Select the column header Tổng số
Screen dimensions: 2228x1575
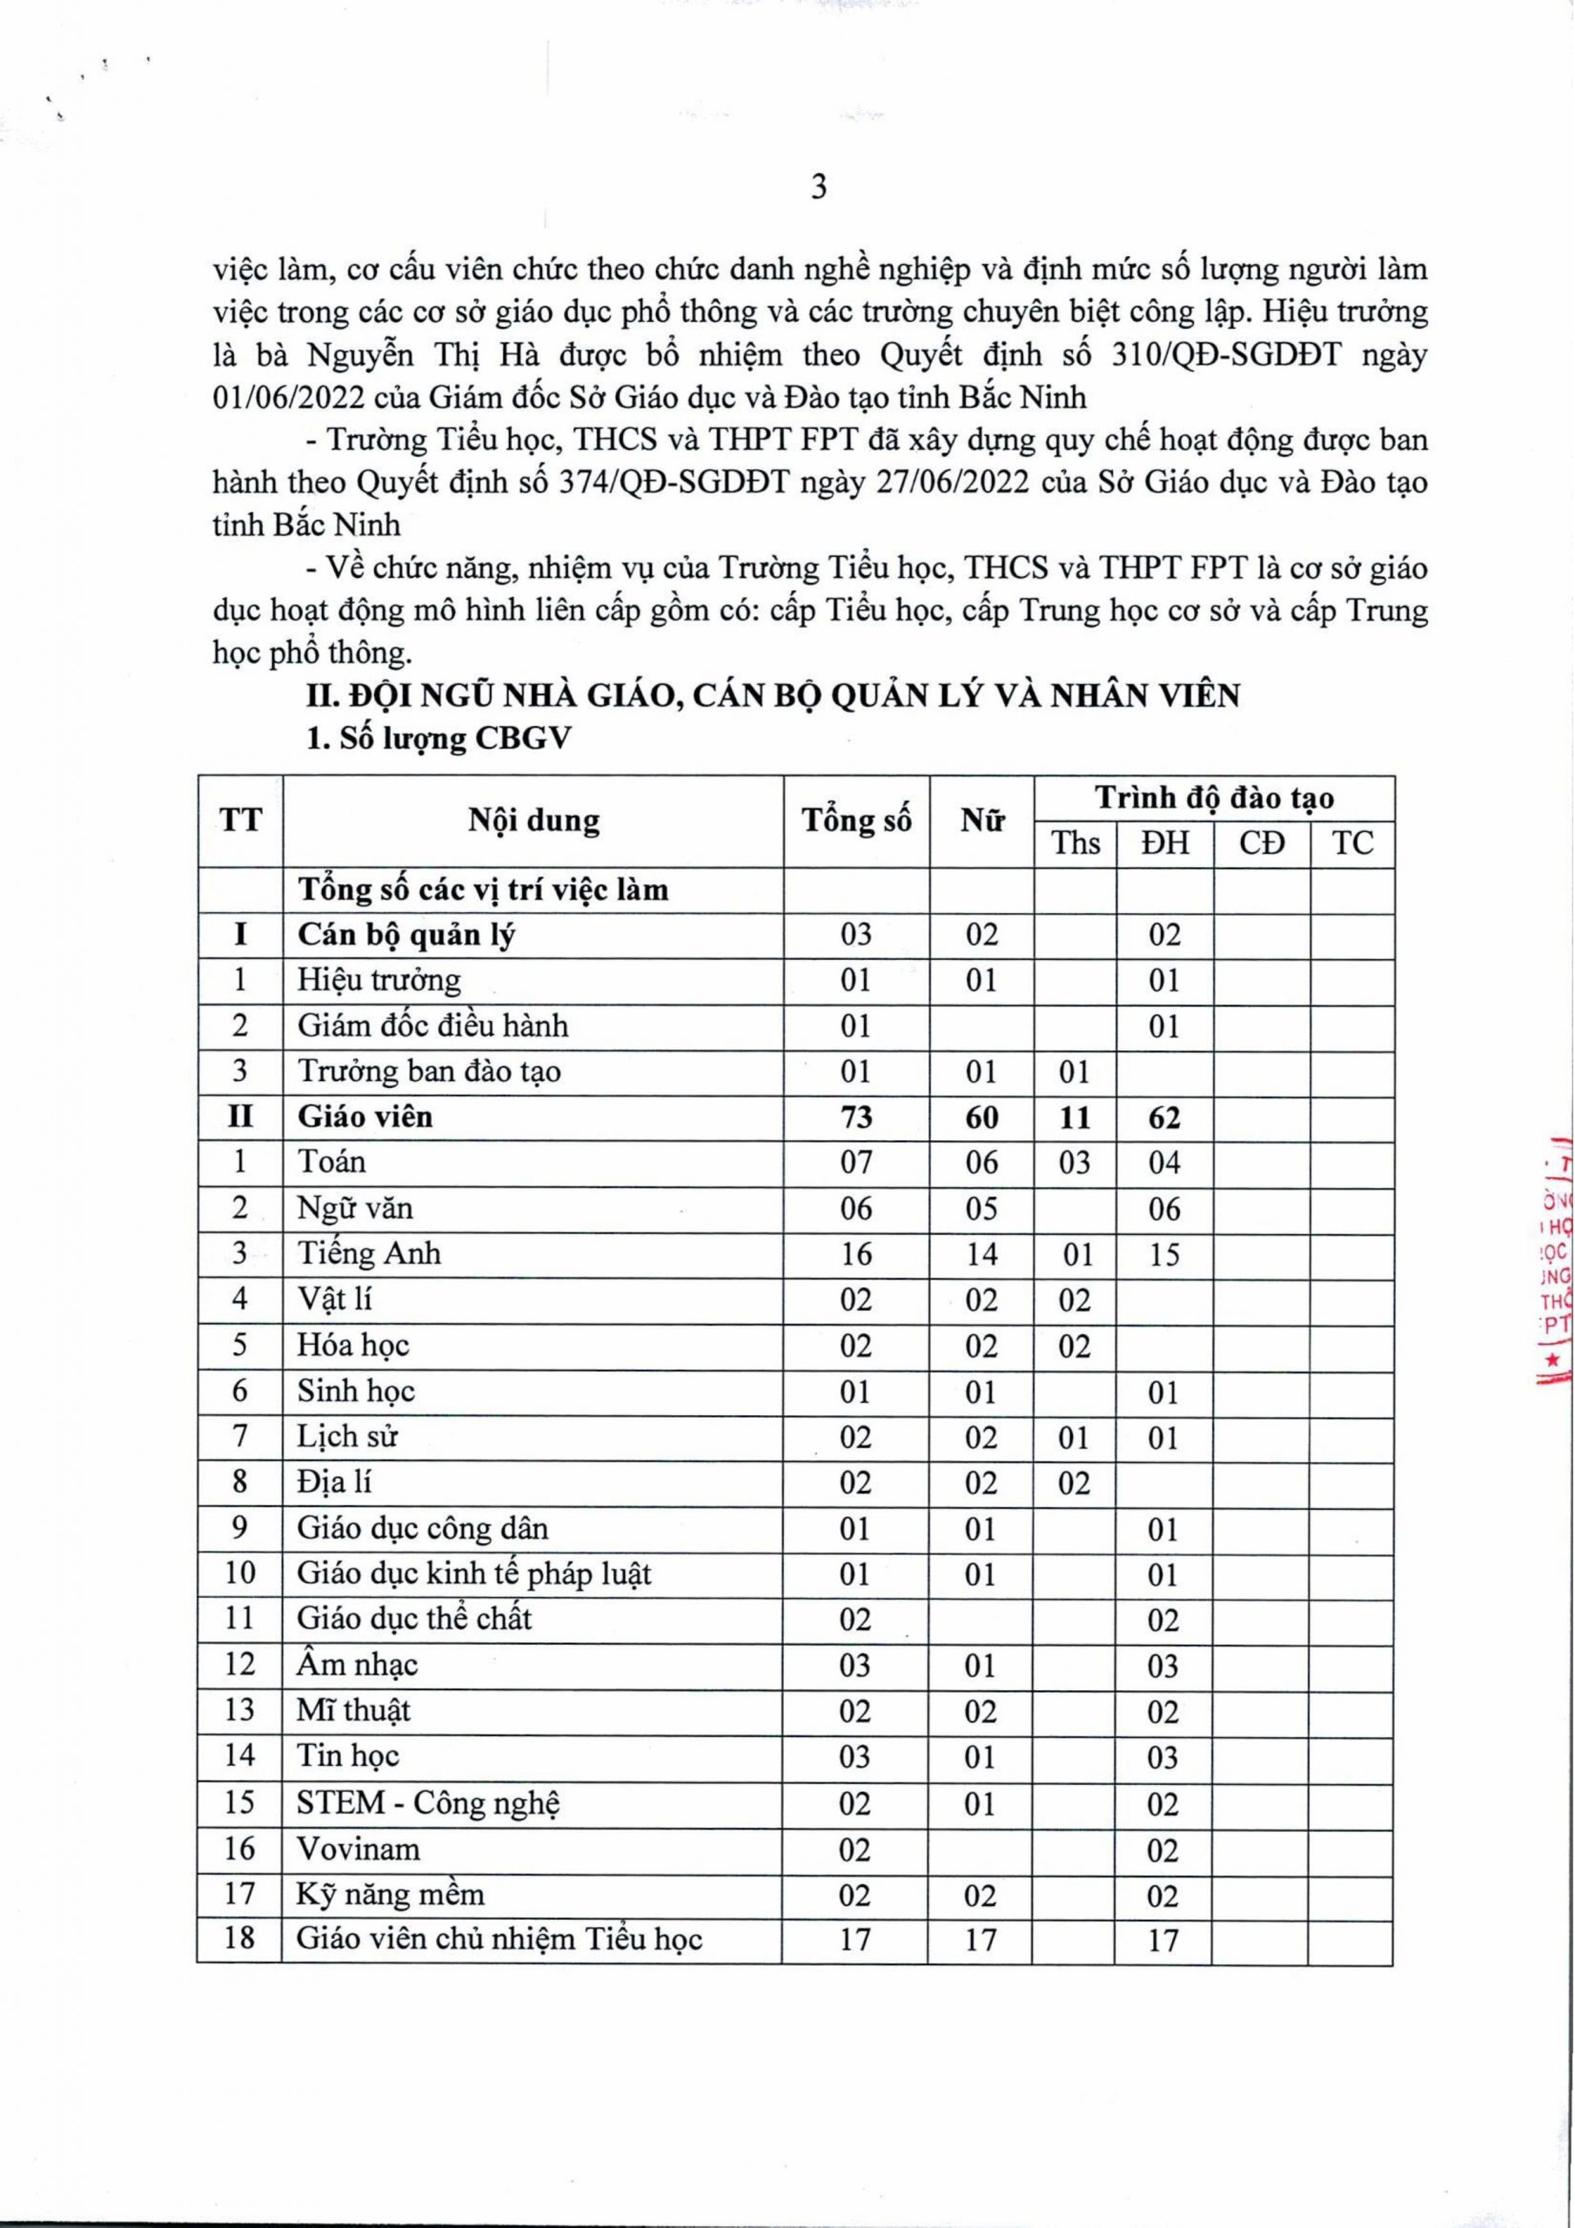(856, 821)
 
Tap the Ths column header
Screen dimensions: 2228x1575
(1076, 843)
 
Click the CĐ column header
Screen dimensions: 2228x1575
(1262, 843)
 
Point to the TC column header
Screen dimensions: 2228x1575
(1353, 843)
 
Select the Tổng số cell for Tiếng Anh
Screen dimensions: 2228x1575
(856, 1254)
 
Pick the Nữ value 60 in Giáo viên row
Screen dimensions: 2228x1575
(982, 1117)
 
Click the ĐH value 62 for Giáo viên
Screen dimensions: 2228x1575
(1163, 1117)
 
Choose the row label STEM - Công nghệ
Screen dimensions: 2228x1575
(429, 1803)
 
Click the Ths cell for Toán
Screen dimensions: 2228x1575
(1076, 1163)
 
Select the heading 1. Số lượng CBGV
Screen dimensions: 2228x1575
(439, 739)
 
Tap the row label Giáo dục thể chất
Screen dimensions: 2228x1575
(414, 1620)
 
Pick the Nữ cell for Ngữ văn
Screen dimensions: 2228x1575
(982, 1208)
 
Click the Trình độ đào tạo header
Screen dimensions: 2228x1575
(1215, 798)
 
